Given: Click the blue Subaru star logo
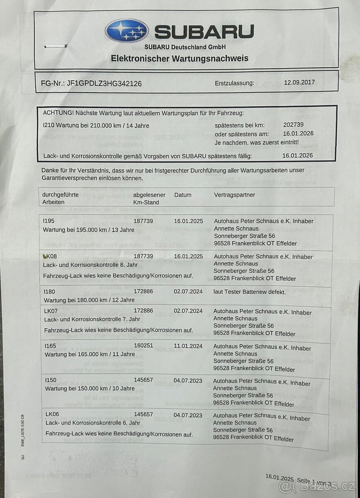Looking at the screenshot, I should click(x=127, y=31).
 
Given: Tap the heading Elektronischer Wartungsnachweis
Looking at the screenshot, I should click(x=180, y=59).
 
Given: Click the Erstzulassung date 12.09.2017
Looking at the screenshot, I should click(x=299, y=82).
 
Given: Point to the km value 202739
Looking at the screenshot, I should click(x=293, y=124).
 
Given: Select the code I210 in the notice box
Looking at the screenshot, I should click(x=49, y=124).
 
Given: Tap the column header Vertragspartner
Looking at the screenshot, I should click(x=235, y=195).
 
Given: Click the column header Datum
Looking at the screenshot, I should click(x=183, y=195).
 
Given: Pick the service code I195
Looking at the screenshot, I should click(x=49, y=221).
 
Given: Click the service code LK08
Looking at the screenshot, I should click(x=50, y=256).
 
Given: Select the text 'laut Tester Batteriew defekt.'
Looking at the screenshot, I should click(x=250, y=292).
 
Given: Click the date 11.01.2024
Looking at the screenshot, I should click(x=188, y=346).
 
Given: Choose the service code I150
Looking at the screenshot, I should click(x=49, y=381).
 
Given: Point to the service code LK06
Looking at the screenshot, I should click(x=51, y=415).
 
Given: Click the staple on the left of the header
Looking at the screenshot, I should click(x=56, y=46).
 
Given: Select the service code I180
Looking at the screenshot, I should click(x=49, y=292).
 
